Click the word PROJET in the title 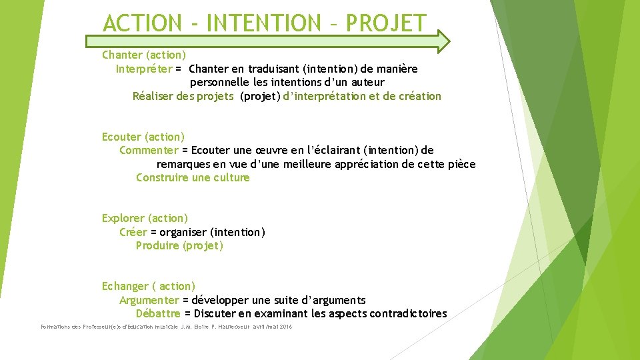pos(386,23)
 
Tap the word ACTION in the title pos(141,23)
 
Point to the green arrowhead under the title pos(441,41)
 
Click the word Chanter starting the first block pos(122,55)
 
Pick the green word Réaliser pos(153,96)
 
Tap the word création pos(419,96)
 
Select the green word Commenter pos(149,150)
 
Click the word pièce pos(460,164)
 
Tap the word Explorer pos(123,218)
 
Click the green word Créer pos(133,232)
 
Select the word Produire pos(157,245)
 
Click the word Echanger pos(125,286)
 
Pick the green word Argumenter pos(149,300)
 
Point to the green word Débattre pos(158,313)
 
